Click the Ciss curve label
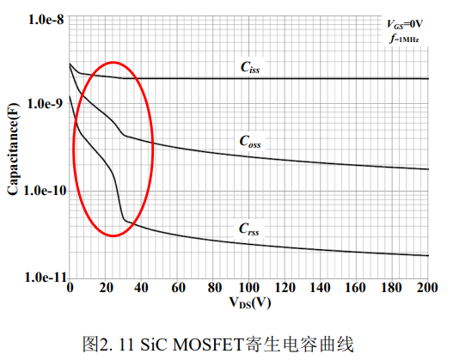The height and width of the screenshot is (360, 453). (250, 67)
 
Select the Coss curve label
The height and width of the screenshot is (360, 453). (250, 142)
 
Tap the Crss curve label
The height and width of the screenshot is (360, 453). (249, 229)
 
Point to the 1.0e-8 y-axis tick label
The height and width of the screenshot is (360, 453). (46, 20)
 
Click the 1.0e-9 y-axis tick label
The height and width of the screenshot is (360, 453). (45, 104)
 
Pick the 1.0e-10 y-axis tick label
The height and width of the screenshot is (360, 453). (45, 191)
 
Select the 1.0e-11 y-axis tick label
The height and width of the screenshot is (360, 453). (46, 278)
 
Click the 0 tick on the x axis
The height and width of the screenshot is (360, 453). (70, 288)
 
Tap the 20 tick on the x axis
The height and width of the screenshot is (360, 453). (106, 288)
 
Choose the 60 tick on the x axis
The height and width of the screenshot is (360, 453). (178, 288)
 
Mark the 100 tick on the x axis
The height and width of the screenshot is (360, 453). (249, 288)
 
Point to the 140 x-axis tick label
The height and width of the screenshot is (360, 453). (320, 288)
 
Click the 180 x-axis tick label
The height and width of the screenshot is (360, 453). (391, 288)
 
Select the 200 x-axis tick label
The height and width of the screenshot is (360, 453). (427, 288)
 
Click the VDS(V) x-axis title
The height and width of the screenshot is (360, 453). (250, 302)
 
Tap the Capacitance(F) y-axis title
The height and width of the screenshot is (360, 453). (13, 149)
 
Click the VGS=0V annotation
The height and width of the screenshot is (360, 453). (405, 24)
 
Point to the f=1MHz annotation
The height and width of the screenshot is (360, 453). (405, 39)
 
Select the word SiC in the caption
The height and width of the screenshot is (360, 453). (154, 345)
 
